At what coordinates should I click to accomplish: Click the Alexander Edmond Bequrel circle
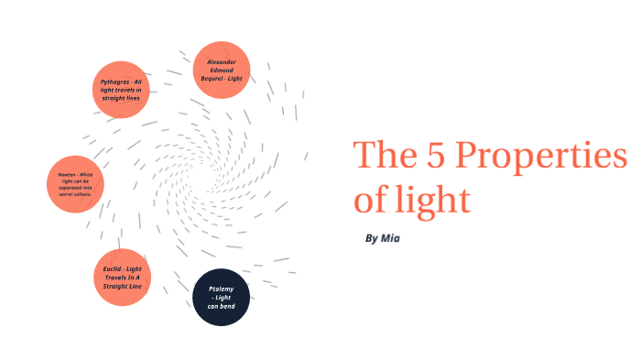(222, 70)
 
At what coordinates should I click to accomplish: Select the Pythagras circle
(121, 90)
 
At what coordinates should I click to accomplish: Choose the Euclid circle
(121, 276)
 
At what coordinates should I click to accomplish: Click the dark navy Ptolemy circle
(222, 297)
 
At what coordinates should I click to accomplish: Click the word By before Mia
(372, 238)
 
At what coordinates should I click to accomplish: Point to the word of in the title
(369, 199)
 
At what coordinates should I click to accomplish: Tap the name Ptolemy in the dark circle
(222, 289)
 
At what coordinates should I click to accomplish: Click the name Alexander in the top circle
(222, 61)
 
